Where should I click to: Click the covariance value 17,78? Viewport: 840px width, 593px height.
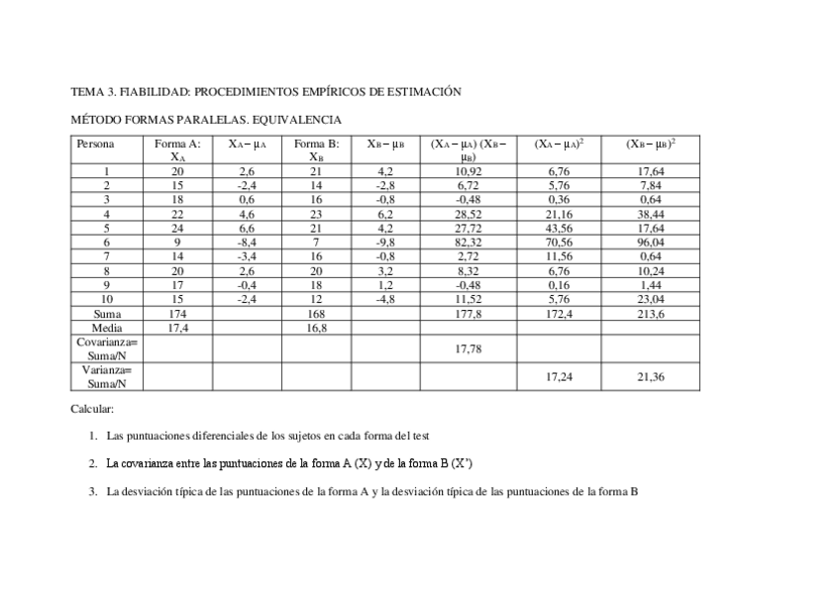pos(468,348)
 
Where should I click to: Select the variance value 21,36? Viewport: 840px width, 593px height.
pos(651,376)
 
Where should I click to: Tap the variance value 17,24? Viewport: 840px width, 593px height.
pos(560,376)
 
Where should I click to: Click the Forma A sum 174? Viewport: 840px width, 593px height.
pos(178,314)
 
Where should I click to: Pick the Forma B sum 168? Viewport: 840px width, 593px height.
pos(316,314)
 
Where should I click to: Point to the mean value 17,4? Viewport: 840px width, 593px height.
pos(178,327)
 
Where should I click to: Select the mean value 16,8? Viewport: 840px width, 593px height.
pos(316,327)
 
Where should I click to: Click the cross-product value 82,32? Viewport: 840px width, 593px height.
pos(468,241)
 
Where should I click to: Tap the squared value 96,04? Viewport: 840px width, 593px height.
pos(651,241)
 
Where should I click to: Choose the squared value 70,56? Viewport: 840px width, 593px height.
pos(560,241)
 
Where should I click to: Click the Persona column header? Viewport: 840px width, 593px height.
pos(95,145)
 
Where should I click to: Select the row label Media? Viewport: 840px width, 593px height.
pos(107,327)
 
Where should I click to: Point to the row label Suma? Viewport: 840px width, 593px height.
pos(107,314)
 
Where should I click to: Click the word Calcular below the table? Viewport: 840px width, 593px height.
pos(92,409)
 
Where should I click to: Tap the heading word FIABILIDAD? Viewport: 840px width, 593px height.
pos(155,92)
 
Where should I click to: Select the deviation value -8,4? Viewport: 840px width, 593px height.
pos(247,241)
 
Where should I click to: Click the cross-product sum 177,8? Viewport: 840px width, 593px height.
pos(468,314)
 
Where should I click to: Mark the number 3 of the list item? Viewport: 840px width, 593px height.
pos(92,490)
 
